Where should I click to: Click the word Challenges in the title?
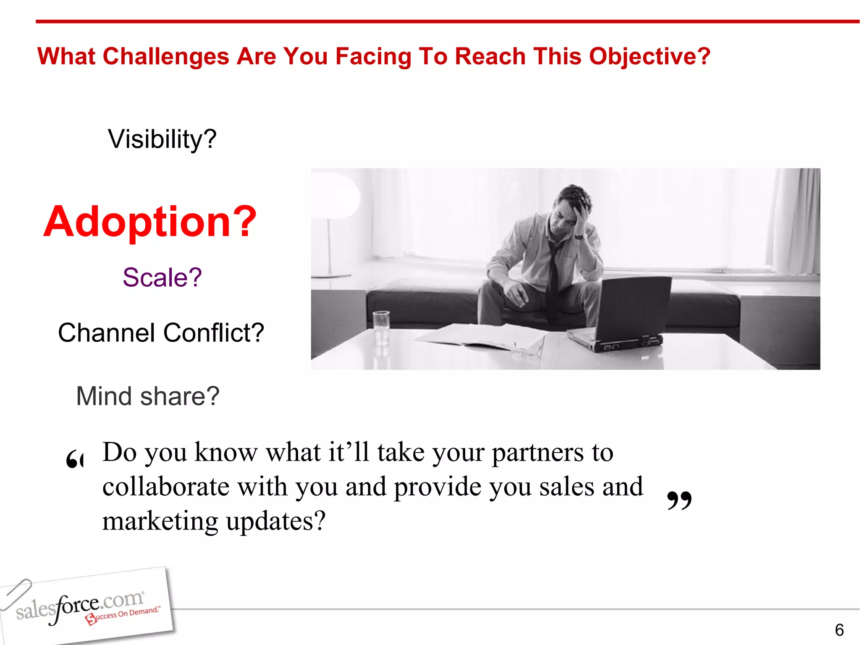tap(166, 57)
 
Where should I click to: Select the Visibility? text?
tap(162, 139)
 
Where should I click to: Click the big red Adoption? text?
tap(150, 221)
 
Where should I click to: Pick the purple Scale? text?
tap(162, 278)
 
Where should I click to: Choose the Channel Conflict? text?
tap(161, 333)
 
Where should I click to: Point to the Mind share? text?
tap(147, 396)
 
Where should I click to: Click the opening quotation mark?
tap(75, 460)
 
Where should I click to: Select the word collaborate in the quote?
tap(166, 487)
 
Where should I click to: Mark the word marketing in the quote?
tap(160, 521)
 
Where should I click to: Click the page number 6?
tap(839, 630)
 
